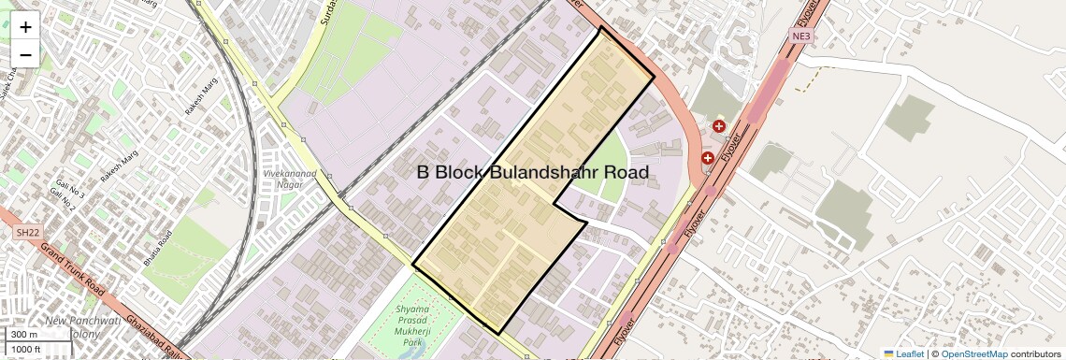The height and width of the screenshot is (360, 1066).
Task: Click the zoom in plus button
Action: point(25,27)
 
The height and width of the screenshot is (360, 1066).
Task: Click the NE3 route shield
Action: point(799,36)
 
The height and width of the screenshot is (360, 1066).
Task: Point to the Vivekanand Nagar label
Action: point(289,179)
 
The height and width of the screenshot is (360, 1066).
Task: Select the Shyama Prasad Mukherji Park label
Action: point(413,325)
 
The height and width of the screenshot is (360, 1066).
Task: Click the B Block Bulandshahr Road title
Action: point(532,173)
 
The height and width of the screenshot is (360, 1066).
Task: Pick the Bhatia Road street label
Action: point(158,250)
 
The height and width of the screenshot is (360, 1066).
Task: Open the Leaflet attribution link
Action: point(903,354)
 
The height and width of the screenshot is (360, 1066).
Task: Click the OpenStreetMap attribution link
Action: point(973,354)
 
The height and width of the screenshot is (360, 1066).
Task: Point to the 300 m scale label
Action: point(24,335)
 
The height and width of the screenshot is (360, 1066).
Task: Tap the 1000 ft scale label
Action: point(26,349)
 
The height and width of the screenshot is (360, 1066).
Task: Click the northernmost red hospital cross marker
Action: point(719,126)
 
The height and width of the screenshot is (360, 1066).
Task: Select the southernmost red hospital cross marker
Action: point(708,158)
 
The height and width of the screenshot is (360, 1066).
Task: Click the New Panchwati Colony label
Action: point(82,326)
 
